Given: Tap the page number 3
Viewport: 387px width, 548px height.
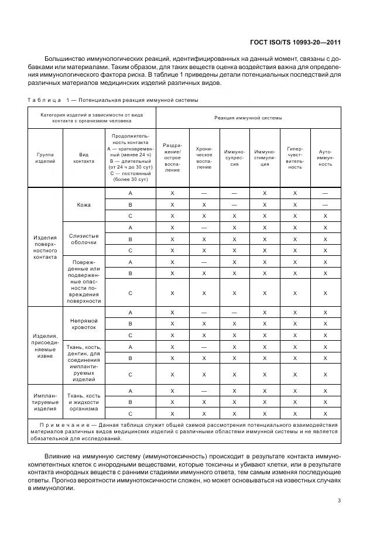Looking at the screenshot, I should [x=339, y=501].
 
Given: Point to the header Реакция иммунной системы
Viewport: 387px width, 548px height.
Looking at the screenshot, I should [x=248, y=118].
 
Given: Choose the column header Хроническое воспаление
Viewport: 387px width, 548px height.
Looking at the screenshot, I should [x=204, y=157].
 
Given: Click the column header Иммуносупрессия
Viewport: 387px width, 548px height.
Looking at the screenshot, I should [x=234, y=157].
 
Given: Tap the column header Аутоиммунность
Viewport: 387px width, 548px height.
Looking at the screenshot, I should [x=325, y=157].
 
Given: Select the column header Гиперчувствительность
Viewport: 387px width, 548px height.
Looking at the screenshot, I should [x=294, y=157].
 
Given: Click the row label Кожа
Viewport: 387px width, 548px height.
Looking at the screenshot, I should [x=84, y=205].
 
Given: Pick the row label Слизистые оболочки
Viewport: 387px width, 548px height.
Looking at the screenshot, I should [x=84, y=239].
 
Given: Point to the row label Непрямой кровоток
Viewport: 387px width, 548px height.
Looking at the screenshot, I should [x=84, y=324].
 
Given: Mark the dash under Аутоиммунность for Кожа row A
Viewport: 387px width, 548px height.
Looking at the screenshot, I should [x=325, y=193].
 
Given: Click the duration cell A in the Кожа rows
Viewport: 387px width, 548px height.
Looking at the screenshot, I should [x=131, y=193].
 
